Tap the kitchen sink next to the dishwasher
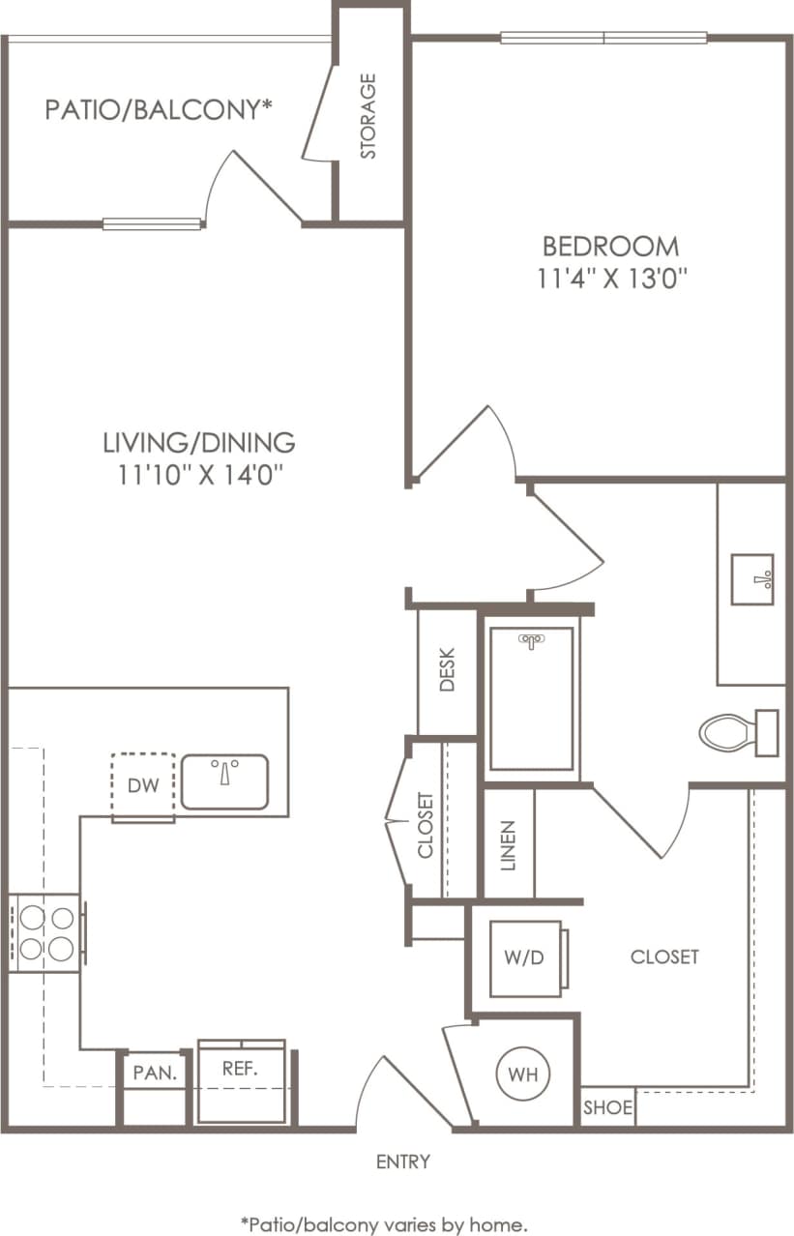[x=224, y=781]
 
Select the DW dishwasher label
[x=142, y=785]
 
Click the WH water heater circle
[x=523, y=1074]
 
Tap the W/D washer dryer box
[x=525, y=957]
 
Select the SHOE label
[x=608, y=1108]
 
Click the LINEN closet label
[x=509, y=844]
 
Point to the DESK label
[x=447, y=669]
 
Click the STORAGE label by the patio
[x=368, y=116]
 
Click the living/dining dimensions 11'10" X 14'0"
[x=198, y=474]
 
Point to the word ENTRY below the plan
[x=403, y=1162]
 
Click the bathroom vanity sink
[x=751, y=579]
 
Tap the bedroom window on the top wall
[x=603, y=39]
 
